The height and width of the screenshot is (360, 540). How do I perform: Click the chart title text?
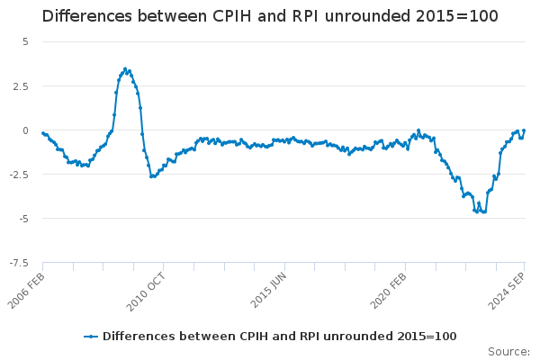pos(270,16)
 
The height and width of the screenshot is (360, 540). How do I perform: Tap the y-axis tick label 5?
pos(25,41)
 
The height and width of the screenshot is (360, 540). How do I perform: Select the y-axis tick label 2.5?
pos(21,86)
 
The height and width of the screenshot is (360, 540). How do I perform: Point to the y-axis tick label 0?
pos(25,130)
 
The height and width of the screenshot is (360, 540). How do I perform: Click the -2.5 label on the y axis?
pos(19,175)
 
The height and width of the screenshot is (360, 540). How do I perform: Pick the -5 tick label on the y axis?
pos(23,219)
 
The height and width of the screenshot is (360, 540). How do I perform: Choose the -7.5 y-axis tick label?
pos(19,263)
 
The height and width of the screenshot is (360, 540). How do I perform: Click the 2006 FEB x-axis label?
pos(26,291)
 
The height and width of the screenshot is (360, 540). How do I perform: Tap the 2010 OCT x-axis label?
pos(146,292)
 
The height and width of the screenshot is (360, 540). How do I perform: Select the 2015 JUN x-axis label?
pos(268,290)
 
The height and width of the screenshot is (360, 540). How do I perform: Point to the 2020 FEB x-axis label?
pos(389,291)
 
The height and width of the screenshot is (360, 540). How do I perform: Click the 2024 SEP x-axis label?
pos(507,291)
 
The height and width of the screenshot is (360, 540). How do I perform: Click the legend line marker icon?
pos(91,337)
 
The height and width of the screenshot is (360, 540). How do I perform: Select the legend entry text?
pos(280,337)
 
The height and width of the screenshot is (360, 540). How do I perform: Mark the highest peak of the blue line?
pos(125,69)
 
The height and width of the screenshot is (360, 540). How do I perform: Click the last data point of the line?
pos(524,130)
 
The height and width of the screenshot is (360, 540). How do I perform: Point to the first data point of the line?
pos(43,133)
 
